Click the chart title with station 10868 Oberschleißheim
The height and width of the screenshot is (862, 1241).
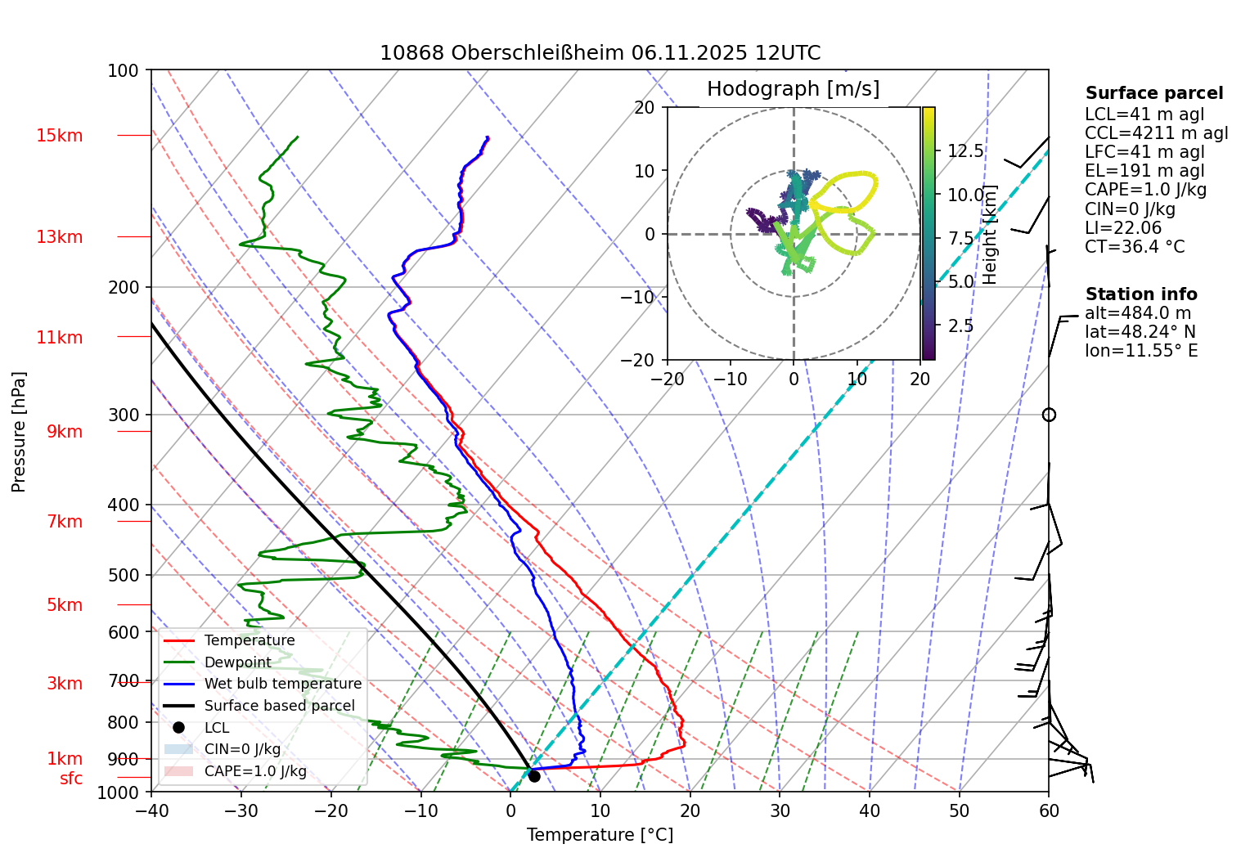click(x=600, y=53)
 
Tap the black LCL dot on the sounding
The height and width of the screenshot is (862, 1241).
click(x=534, y=775)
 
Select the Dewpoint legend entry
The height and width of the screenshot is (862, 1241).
click(x=237, y=662)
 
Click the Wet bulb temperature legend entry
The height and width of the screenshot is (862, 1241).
click(x=282, y=684)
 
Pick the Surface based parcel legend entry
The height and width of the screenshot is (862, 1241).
click(x=279, y=706)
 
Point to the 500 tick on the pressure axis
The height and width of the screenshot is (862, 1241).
click(x=124, y=575)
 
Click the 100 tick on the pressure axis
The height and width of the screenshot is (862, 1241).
click(x=124, y=70)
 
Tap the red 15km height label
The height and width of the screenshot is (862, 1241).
click(x=59, y=136)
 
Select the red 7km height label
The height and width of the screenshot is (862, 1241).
click(x=64, y=522)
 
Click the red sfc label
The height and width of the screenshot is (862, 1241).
click(x=71, y=779)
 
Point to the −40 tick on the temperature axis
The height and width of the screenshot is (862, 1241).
click(x=151, y=811)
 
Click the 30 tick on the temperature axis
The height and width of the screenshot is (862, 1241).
click(x=780, y=811)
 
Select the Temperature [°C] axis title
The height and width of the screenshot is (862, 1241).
click(x=600, y=835)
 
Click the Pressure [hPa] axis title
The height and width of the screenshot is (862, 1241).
click(x=19, y=432)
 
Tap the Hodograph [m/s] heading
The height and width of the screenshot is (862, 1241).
click(x=793, y=89)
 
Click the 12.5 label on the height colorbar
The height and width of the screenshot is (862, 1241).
click(x=965, y=151)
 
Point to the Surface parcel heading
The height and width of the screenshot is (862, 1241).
click(x=1153, y=93)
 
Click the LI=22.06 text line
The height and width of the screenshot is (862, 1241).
click(x=1122, y=228)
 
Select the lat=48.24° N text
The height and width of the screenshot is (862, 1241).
click(x=1140, y=332)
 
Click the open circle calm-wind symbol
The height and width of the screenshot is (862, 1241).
click(x=1049, y=415)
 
